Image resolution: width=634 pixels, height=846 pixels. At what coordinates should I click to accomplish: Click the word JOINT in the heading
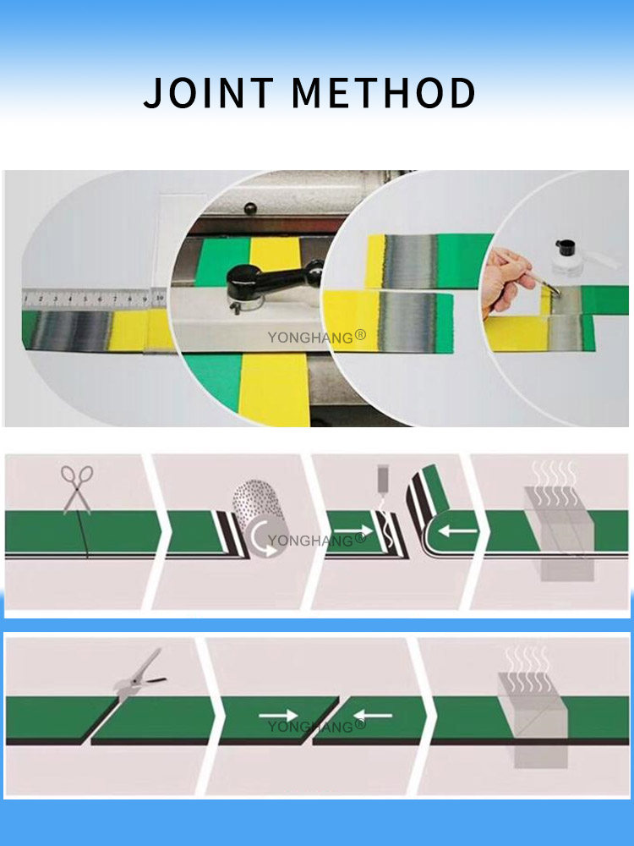click(x=208, y=93)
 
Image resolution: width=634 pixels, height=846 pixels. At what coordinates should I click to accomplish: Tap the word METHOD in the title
click(x=383, y=93)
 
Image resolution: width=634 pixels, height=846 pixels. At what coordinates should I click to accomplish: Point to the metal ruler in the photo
click(x=94, y=298)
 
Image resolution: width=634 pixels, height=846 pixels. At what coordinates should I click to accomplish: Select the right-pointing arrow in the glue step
click(x=347, y=536)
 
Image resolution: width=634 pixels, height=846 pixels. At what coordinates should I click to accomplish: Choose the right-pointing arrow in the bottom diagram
click(x=278, y=716)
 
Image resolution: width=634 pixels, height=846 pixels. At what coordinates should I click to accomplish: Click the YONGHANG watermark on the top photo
click(x=317, y=337)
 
